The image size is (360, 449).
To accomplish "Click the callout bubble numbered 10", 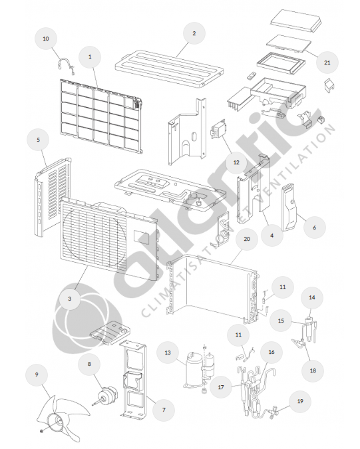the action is [46, 39].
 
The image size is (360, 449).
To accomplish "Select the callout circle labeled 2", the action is [194, 33].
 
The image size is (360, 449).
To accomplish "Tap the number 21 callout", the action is [327, 63].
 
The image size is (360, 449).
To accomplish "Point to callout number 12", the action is [236, 162].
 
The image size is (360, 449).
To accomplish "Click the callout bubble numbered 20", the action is [247, 239].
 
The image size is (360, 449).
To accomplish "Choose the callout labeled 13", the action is [168, 353].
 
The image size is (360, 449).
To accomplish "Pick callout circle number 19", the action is [300, 401].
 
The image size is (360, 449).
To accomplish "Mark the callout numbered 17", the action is [221, 387].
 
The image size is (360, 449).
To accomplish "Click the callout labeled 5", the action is [38, 140].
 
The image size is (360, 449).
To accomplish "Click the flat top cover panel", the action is [170, 69].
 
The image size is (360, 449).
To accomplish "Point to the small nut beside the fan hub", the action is [42, 431].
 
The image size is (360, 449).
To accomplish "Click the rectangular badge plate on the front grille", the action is [141, 237].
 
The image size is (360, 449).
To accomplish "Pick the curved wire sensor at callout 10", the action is [66, 65].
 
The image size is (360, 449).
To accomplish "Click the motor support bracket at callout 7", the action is [133, 379].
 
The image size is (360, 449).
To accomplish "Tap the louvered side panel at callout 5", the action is [53, 197].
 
